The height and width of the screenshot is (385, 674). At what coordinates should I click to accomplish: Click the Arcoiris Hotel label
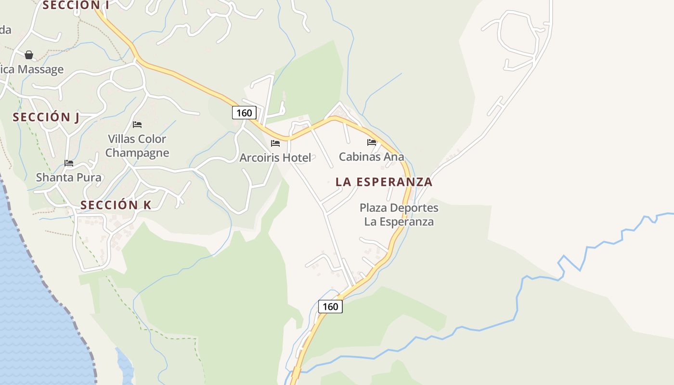(x=275, y=157)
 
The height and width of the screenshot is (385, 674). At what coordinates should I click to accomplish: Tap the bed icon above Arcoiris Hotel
(x=275, y=143)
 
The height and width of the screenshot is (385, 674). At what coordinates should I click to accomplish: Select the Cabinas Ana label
(x=371, y=156)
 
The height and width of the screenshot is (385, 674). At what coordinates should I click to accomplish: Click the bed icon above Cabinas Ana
(x=371, y=142)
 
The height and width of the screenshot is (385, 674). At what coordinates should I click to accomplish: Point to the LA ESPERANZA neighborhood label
(x=384, y=182)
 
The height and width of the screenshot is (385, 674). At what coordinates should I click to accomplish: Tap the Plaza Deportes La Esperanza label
(x=399, y=215)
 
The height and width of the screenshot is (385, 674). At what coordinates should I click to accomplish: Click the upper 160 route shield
(x=244, y=113)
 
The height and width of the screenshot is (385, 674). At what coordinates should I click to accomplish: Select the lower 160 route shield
(x=330, y=306)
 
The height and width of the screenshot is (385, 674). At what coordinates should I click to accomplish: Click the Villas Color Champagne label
(x=137, y=146)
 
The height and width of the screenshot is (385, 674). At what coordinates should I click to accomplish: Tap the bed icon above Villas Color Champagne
(x=137, y=125)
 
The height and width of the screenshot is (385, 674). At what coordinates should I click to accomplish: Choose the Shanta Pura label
(x=69, y=177)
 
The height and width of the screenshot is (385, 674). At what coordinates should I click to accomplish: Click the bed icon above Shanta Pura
(x=69, y=163)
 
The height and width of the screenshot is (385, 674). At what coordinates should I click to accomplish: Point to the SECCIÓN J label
(x=46, y=117)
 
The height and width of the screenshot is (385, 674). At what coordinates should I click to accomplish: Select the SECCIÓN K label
(x=116, y=205)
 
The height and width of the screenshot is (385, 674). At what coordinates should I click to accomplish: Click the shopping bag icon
(x=29, y=55)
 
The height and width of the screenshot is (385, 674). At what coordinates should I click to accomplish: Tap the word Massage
(x=40, y=69)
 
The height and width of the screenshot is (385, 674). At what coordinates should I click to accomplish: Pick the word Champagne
(x=137, y=153)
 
